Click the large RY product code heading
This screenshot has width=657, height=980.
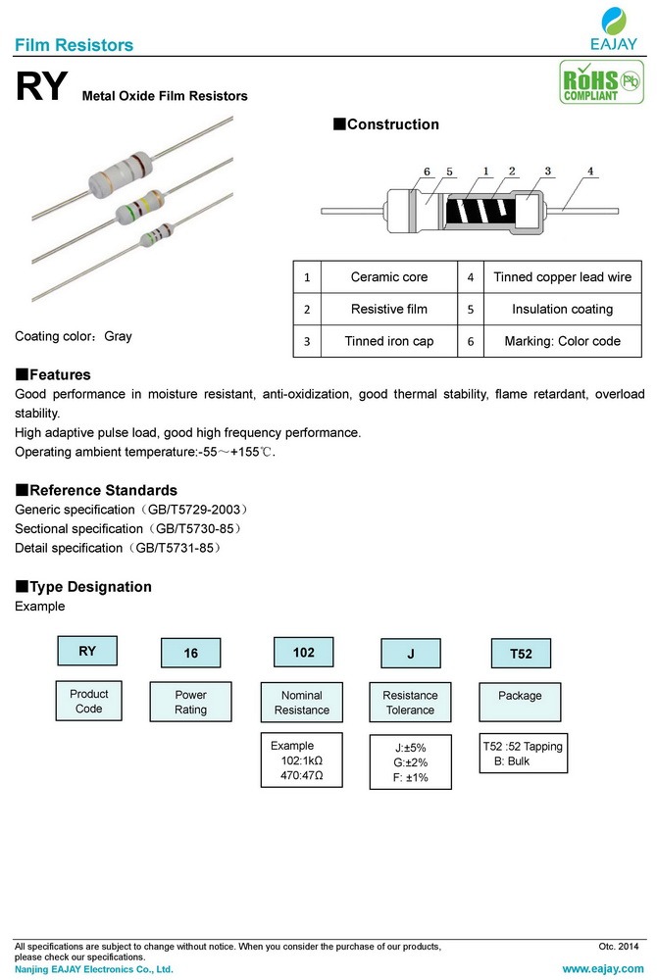point(40,88)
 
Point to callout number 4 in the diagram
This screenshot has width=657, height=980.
point(590,171)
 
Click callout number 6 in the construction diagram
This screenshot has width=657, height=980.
point(428,171)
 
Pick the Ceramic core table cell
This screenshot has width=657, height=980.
point(389,277)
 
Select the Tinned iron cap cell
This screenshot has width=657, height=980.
point(389,341)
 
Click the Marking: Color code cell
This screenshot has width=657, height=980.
point(562,341)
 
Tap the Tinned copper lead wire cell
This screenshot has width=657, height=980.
point(562,277)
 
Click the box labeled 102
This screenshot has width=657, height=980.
point(304,652)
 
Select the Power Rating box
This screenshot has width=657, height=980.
point(191,702)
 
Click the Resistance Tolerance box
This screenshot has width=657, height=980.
point(410,702)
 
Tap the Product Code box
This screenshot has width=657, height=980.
point(89,701)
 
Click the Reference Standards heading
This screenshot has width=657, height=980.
point(96,490)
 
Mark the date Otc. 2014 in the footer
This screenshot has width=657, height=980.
point(618,947)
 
